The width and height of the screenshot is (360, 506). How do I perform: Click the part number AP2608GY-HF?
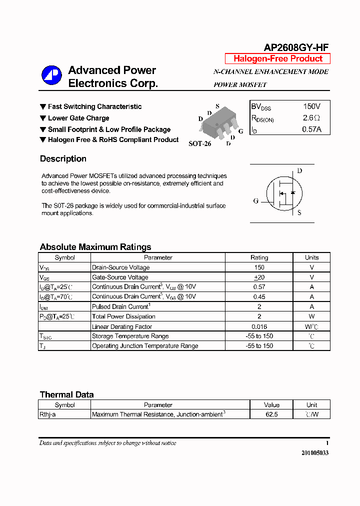[x=296, y=47]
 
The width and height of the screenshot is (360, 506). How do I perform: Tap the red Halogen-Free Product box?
[x=277, y=58]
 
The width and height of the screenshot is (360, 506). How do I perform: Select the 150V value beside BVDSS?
[x=311, y=106]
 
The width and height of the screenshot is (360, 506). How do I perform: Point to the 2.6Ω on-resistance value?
[x=311, y=118]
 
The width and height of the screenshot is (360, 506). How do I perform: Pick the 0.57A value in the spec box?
[x=311, y=129]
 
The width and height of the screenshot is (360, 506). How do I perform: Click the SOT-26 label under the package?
[x=199, y=143]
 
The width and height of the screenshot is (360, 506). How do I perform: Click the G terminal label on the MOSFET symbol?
[x=255, y=201]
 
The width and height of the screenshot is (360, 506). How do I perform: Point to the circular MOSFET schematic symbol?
[x=283, y=193]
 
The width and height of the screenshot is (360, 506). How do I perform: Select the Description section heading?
[x=63, y=159]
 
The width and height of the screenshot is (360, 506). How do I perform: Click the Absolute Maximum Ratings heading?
[x=95, y=247]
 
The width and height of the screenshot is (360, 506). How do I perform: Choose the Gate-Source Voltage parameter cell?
[x=120, y=277]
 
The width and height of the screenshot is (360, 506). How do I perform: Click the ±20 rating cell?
[x=259, y=277]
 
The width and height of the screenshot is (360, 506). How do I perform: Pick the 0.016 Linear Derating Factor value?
[x=259, y=326]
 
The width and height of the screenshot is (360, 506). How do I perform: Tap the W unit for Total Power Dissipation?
[x=311, y=316]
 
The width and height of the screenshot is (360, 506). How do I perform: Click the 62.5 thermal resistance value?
[x=271, y=414]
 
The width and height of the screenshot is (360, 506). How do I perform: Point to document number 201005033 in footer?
[x=315, y=452]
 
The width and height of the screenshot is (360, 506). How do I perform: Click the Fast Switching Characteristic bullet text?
[x=94, y=106]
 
